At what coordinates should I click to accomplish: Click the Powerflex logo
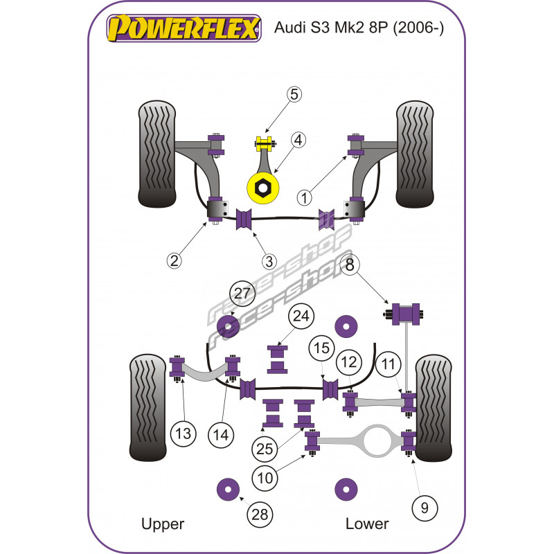point(183,30)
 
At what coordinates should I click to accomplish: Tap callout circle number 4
point(298,141)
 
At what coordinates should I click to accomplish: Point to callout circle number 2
point(174,260)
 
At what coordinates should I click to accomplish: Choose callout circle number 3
point(269,261)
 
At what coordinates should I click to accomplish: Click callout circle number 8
point(350,265)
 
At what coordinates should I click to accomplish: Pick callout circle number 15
point(320,348)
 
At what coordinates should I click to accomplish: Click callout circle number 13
point(184,435)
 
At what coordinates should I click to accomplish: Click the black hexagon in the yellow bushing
point(263,187)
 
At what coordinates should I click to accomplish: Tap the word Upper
point(163,524)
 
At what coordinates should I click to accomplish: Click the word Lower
point(367,524)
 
